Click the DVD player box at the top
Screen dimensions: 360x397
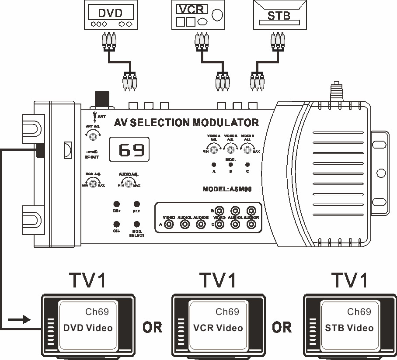coord(111,16)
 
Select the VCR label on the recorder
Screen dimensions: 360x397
coord(190,8)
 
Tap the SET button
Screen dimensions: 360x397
coord(136,204)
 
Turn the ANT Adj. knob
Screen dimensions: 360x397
coord(93,137)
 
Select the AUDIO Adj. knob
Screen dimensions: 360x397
coord(129,184)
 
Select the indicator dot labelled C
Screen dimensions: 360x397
coord(247,165)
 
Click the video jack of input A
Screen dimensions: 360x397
coord(169,225)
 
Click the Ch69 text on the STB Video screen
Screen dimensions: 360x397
coord(359,312)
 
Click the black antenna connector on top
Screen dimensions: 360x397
coord(102,98)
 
